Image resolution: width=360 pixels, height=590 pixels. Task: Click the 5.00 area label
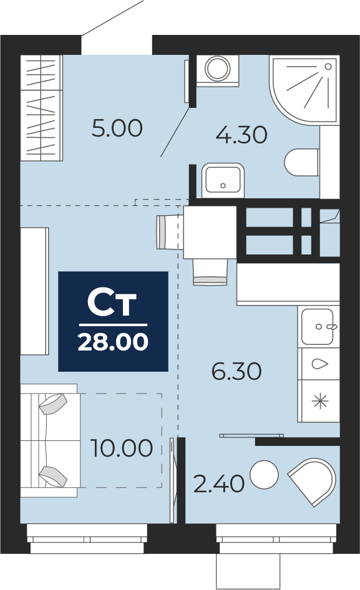(x=117, y=128)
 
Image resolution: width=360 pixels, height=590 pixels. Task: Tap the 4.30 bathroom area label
(x=241, y=135)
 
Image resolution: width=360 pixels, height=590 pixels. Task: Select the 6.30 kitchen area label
(x=236, y=371)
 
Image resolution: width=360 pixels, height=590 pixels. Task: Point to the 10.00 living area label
(x=122, y=448)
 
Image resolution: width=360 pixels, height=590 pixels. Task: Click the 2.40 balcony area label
(x=219, y=483)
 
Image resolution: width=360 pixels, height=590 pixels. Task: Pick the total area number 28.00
(x=113, y=342)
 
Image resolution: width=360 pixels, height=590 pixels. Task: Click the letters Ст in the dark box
(x=112, y=303)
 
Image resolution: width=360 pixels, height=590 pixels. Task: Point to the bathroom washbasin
(x=223, y=180)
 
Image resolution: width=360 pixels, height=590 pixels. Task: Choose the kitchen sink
(x=318, y=326)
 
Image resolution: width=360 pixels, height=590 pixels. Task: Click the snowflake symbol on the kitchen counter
(x=320, y=401)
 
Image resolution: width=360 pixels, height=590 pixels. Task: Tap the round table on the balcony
(x=265, y=475)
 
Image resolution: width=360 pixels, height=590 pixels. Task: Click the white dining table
(x=210, y=232)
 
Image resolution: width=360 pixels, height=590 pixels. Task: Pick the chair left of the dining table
(x=170, y=232)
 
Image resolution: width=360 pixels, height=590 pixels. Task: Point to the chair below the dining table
(x=210, y=272)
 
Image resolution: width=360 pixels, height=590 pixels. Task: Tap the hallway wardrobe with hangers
(x=41, y=108)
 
